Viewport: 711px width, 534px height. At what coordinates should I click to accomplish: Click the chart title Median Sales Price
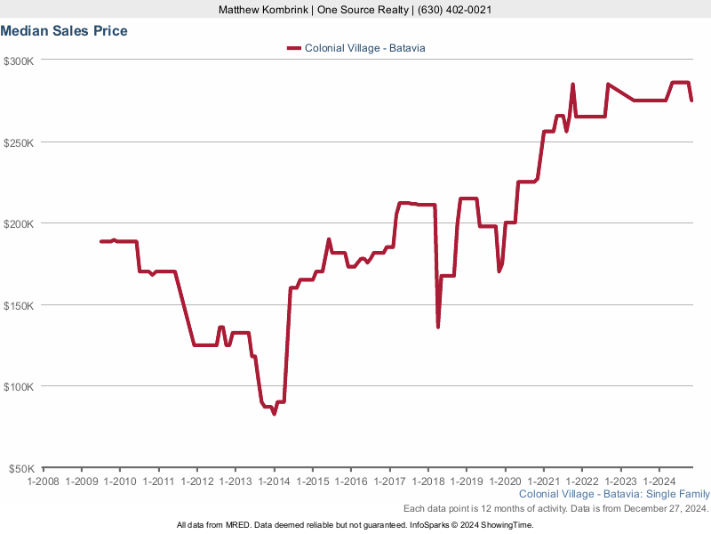coord(64,31)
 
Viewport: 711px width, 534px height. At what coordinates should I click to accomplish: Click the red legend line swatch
coord(294,48)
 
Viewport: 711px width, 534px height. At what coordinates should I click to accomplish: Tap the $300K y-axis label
coord(19,61)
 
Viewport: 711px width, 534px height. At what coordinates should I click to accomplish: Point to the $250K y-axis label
coord(19,142)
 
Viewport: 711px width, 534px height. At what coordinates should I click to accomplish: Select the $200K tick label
coord(19,223)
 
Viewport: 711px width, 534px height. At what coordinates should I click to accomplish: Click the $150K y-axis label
coord(19,305)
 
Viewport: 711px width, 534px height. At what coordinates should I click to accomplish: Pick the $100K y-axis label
coord(19,387)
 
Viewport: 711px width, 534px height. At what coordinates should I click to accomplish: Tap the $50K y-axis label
coord(21,468)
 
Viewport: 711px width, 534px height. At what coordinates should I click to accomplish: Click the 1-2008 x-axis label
coord(43,481)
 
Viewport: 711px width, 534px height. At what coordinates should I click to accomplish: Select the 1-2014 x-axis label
coord(274,481)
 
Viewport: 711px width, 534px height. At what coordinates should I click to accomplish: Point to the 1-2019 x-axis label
coord(466,481)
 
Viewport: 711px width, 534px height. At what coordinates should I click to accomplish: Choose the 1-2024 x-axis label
coord(659,481)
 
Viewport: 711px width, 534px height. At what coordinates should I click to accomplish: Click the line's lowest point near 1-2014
coord(274,414)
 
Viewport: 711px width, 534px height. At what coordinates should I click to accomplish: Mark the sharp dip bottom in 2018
coord(438,327)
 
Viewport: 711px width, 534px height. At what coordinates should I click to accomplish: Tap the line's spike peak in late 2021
coord(572,85)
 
